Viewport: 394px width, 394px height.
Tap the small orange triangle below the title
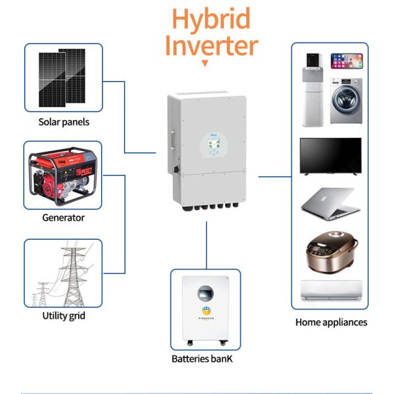coord(205,64)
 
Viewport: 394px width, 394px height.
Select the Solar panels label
coord(64,121)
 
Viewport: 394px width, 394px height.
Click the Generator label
coord(63,217)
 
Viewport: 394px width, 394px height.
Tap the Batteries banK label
coord(202,359)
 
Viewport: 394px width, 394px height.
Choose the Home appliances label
coord(331,322)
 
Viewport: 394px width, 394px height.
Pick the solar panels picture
coord(63,77)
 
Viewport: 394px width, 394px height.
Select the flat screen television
coord(330,156)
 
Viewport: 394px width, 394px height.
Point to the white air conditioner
coord(331,290)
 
